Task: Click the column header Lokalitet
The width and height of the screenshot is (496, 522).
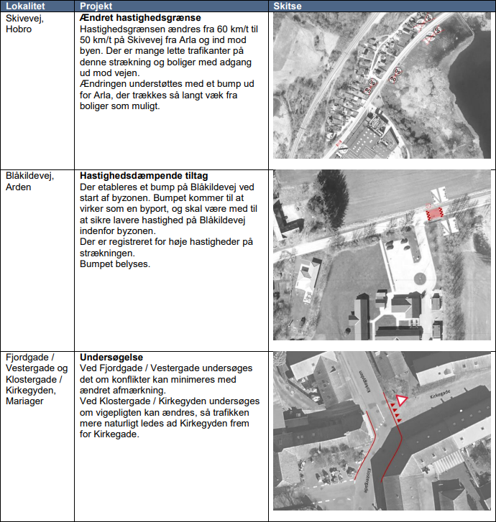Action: [x=23, y=6]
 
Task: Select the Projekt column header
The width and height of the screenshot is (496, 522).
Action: [x=96, y=6]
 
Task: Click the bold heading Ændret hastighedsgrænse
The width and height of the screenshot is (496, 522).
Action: [x=140, y=17]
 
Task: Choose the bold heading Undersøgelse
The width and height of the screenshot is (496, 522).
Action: [x=111, y=358]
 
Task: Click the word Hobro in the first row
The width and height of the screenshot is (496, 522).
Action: [x=19, y=29]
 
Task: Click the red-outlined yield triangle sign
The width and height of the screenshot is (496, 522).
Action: [x=400, y=401]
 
